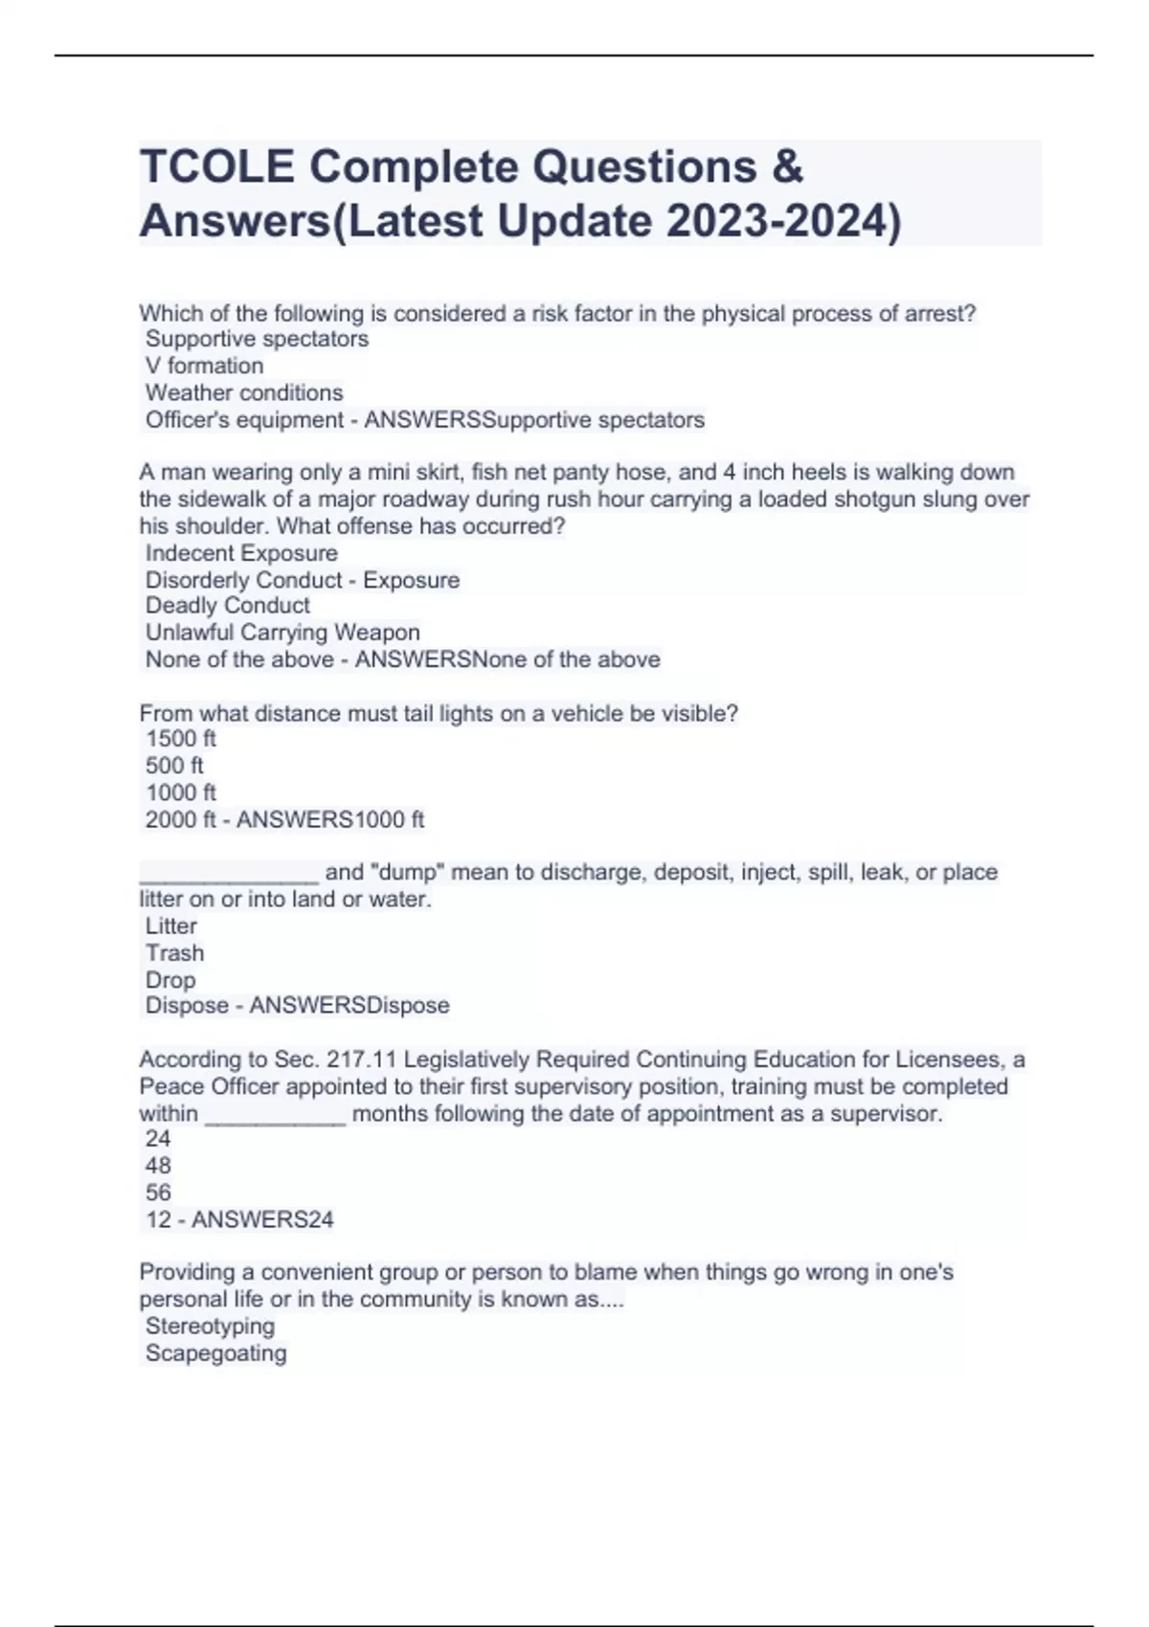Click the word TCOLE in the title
[x=217, y=167]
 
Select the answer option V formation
[x=204, y=366]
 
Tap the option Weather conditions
[x=244, y=392]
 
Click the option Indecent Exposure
[x=241, y=553]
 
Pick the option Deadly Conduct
[x=228, y=606]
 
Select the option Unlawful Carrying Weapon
[x=282, y=633]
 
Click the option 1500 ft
[x=181, y=739]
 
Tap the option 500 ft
[x=174, y=766]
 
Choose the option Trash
[x=174, y=953]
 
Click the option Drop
[x=170, y=980]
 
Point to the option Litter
[x=171, y=926]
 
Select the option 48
[x=158, y=1166]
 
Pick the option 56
[x=158, y=1192]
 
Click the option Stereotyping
[x=210, y=1326]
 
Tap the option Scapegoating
[x=215, y=1353]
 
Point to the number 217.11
[x=362, y=1059]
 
